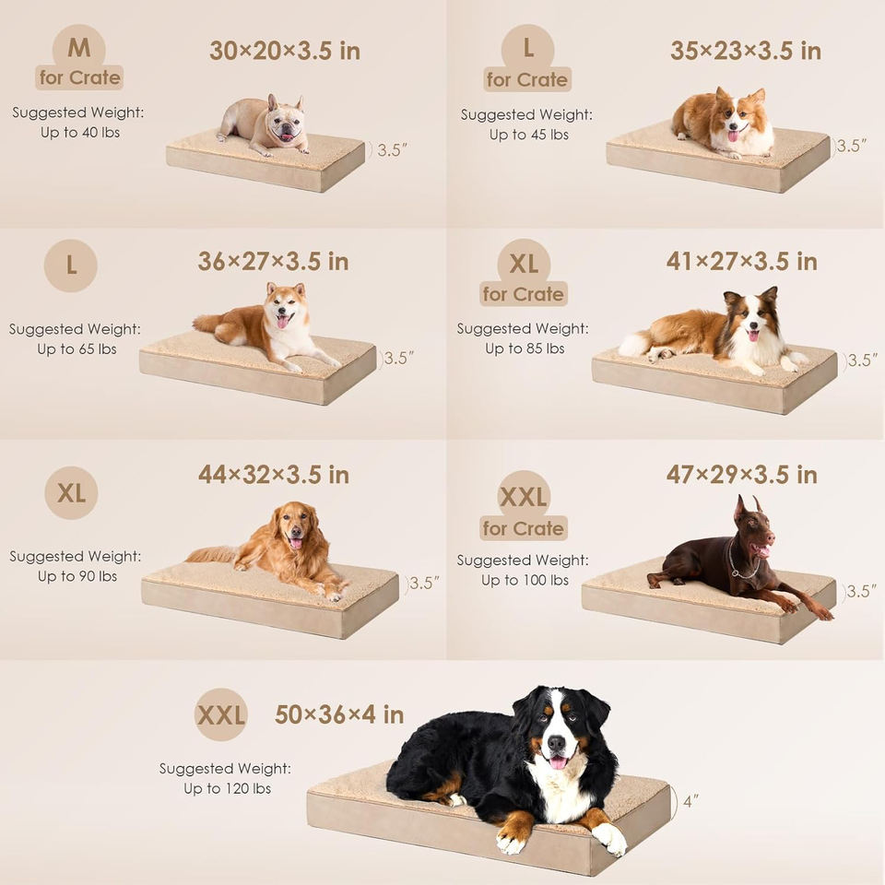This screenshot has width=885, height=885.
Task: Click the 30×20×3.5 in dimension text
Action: (285, 51)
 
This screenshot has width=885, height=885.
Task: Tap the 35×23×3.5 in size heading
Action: (746, 51)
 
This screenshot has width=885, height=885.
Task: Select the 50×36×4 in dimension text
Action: (339, 714)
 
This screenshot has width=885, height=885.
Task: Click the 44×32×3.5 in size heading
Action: (274, 475)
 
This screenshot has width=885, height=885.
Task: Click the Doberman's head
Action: (753, 528)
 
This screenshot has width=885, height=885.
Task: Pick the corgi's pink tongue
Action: (733, 136)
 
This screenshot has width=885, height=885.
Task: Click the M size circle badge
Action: (79, 49)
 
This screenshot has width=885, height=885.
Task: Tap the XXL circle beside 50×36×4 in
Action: (221, 714)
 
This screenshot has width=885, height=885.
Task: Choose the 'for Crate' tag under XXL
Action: (524, 528)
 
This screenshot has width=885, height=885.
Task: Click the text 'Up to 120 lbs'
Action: (228, 788)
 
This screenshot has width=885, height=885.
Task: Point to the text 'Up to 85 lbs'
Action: (525, 348)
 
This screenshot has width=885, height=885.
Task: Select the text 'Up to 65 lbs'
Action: (77, 349)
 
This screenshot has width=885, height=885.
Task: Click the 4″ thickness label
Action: (690, 801)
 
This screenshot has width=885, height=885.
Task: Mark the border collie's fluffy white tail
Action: (634, 343)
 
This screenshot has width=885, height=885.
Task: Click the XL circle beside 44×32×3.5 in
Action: (71, 492)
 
